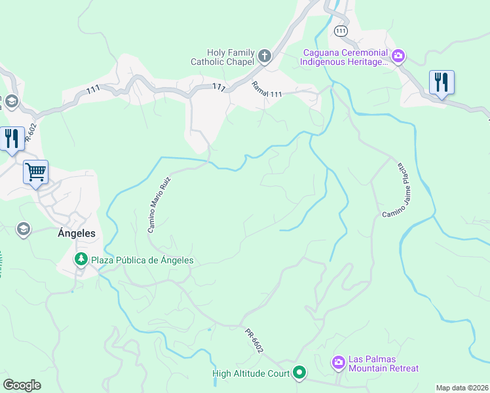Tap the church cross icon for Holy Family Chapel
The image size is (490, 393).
264,56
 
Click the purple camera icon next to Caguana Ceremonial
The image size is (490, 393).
398,56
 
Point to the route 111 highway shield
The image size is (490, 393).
340,31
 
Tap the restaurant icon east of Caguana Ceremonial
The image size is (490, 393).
442,83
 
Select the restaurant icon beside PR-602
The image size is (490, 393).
12,139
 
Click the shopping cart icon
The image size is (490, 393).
36,172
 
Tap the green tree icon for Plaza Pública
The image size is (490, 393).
81,260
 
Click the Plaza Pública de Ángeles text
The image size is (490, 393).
141,260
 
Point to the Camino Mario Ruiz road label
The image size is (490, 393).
159,204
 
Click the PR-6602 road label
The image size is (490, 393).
254,341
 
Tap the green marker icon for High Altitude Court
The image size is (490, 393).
299,373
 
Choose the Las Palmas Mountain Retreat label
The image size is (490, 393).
383,364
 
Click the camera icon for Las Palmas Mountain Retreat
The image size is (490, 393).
338,362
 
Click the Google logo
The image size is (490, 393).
22,385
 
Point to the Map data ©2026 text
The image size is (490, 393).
462,388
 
